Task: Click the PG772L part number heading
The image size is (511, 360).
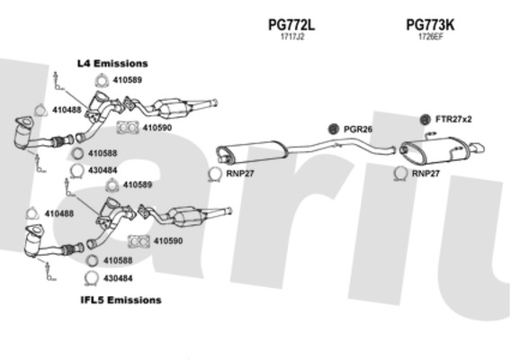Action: (291, 25)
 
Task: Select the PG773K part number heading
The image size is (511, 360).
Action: (430, 25)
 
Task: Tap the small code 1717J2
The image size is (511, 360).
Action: (292, 37)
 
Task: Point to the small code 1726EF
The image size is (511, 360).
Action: (431, 37)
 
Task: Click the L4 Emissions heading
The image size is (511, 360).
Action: (112, 63)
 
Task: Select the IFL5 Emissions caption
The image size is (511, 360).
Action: (121, 300)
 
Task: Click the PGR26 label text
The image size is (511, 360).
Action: (358, 130)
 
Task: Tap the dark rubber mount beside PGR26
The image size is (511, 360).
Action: (333, 129)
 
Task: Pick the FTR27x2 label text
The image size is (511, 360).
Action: (453, 120)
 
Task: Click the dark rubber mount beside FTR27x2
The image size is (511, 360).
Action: (425, 120)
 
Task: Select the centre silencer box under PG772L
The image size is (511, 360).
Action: (252, 150)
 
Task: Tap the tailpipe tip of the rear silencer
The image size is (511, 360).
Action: (478, 148)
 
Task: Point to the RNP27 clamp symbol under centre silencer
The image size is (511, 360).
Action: (215, 174)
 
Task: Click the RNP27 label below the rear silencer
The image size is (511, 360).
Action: (426, 174)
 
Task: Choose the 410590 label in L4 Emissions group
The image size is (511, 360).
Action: (157, 128)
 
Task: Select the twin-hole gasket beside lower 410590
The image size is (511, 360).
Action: (139, 241)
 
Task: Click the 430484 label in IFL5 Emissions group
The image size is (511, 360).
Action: (118, 278)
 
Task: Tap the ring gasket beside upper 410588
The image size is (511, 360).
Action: (77, 154)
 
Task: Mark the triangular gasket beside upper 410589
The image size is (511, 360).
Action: (102, 81)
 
